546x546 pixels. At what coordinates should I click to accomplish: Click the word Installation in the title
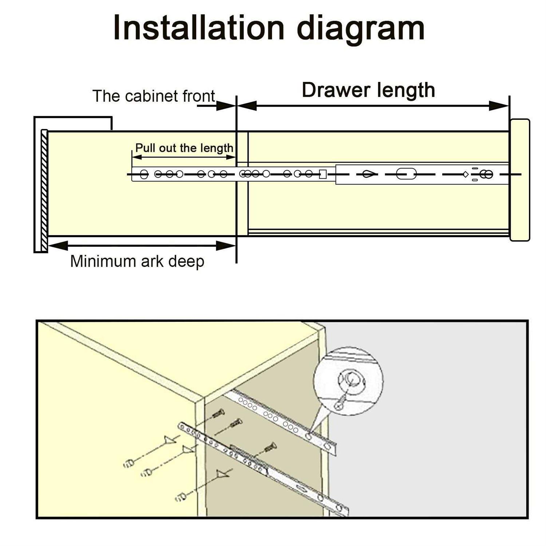(x=199, y=28)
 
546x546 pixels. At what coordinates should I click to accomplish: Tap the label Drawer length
(x=368, y=90)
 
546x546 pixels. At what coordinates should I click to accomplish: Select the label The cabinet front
(x=154, y=96)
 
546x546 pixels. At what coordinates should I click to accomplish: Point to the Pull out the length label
(x=184, y=148)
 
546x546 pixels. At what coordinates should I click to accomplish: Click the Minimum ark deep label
(x=137, y=261)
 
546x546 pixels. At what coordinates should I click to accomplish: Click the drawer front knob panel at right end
(x=519, y=180)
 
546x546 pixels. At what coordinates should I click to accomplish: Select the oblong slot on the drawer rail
(x=406, y=174)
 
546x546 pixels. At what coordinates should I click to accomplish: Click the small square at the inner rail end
(x=323, y=174)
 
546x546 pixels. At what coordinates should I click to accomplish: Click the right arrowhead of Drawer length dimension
(x=499, y=106)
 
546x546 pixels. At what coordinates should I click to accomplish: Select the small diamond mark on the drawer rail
(x=466, y=174)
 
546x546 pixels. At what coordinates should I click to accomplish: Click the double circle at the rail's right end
(x=486, y=175)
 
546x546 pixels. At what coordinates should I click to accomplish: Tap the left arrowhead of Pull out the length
(x=137, y=157)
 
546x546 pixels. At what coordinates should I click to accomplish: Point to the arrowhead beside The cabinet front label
(x=226, y=106)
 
